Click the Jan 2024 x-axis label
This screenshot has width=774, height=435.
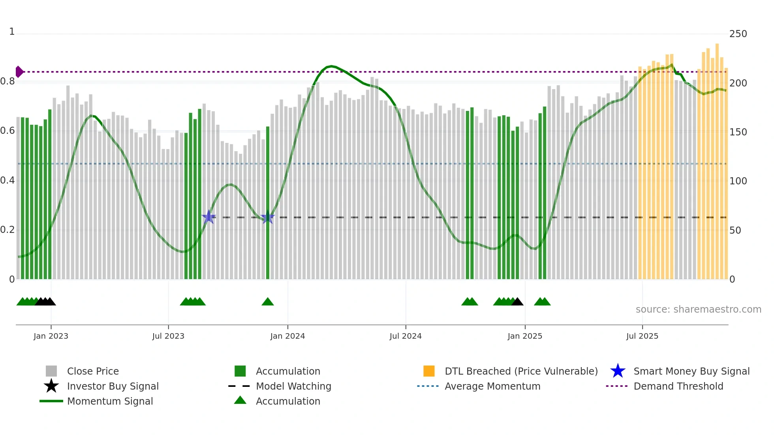(x=287, y=336)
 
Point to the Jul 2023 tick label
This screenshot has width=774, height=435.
(x=168, y=336)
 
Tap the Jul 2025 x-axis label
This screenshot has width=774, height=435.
(x=642, y=336)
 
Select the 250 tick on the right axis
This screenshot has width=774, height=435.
(x=738, y=34)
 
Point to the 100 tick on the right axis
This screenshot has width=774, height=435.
(x=738, y=181)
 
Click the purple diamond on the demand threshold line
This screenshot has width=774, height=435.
(x=19, y=72)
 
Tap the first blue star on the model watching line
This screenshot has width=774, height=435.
(x=209, y=217)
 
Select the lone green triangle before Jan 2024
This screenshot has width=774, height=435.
(x=268, y=302)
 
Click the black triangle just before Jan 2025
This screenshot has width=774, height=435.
(x=517, y=302)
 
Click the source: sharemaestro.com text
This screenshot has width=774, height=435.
(x=698, y=309)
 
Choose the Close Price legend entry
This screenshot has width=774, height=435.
(x=93, y=371)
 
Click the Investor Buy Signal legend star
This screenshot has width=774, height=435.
(x=51, y=386)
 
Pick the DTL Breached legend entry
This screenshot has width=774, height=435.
(x=521, y=371)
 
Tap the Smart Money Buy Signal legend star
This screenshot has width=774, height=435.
(x=618, y=371)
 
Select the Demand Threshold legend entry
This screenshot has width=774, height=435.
(x=678, y=386)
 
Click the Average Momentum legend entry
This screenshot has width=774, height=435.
(x=492, y=386)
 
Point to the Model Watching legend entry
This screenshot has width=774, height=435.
(x=293, y=386)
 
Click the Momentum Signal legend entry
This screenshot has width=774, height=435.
(x=110, y=401)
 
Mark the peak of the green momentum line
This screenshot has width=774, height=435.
(x=331, y=66)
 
